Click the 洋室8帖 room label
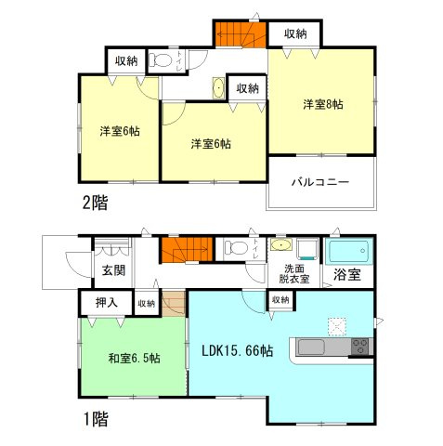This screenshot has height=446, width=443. pyautogui.click(x=322, y=105)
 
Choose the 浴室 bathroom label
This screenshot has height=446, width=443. pyautogui.click(x=347, y=276)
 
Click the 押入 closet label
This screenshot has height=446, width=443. pyautogui.click(x=105, y=303)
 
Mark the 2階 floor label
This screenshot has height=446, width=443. pyautogui.click(x=93, y=203)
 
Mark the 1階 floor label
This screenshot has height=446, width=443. pyautogui.click(x=93, y=420)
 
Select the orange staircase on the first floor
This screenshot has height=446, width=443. pyautogui.click(x=181, y=250)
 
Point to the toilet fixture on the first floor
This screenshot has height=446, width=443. pyautogui.click(x=237, y=248)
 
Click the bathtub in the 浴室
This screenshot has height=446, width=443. pyautogui.click(x=348, y=251)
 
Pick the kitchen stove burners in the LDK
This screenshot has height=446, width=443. pyautogui.click(x=358, y=348)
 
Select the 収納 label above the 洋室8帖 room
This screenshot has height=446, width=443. pyautogui.click(x=295, y=34)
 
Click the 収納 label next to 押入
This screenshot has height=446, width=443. pyautogui.click(x=147, y=303)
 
